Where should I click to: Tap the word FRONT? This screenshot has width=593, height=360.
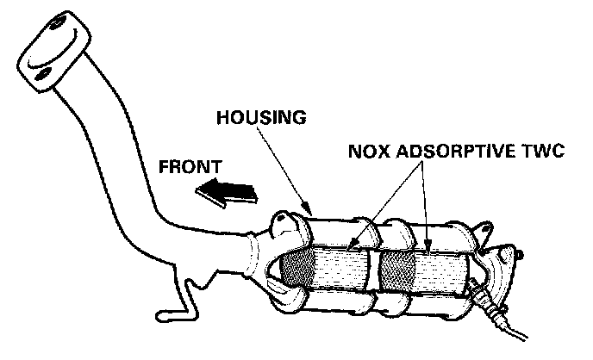191,164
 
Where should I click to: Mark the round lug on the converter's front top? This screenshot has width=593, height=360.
282,225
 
